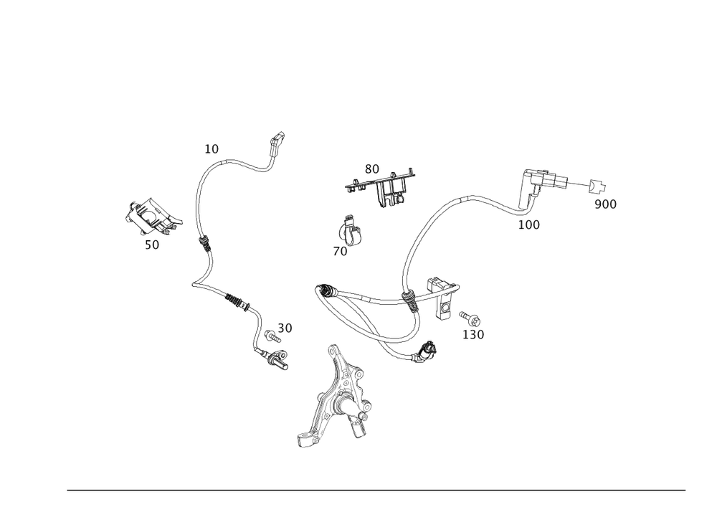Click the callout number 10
(212, 149)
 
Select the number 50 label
(151, 245)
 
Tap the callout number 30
(285, 328)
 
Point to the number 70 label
(341, 252)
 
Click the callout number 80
(371, 169)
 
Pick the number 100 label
(528, 224)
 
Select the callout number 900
(606, 204)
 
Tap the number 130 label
(473, 334)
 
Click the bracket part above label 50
(151, 216)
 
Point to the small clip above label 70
(350, 230)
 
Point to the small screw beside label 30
(271, 334)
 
